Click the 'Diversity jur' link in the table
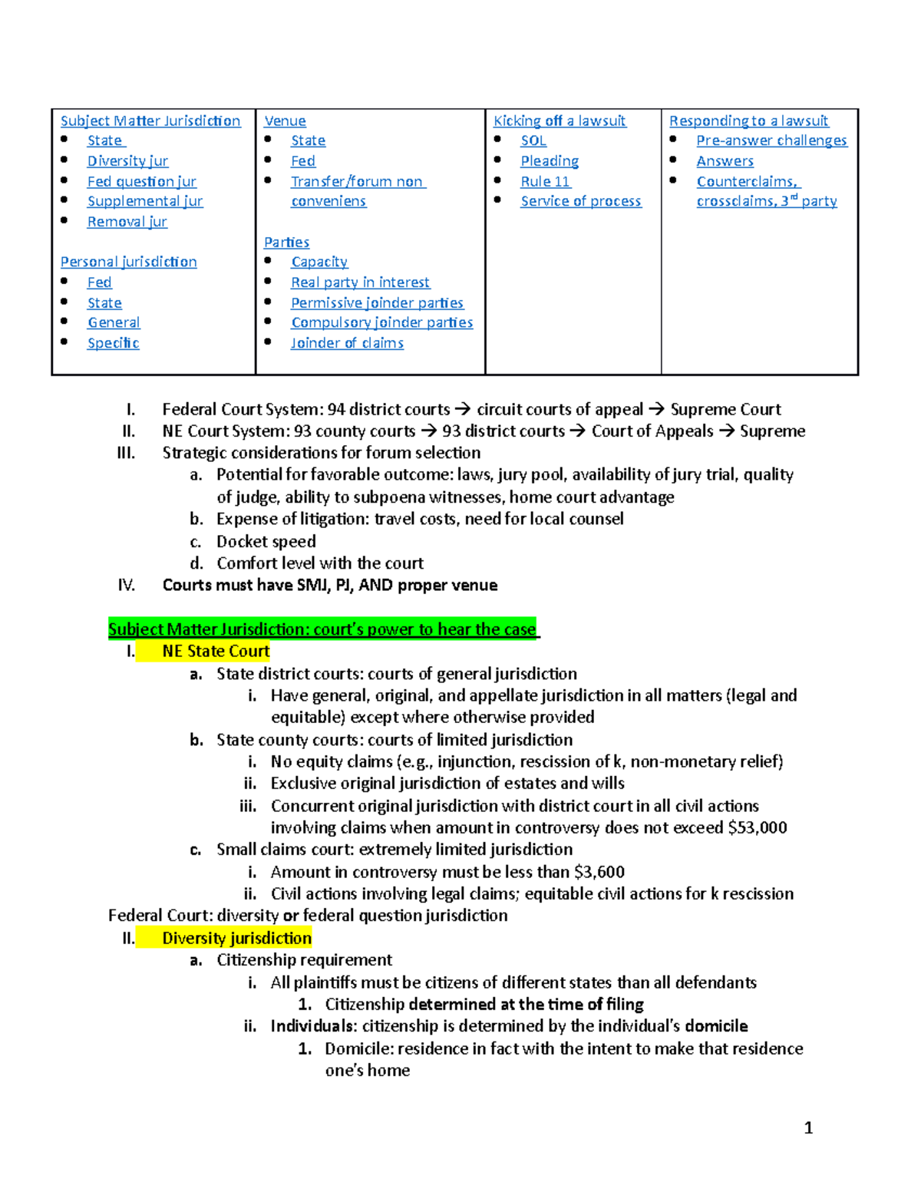(x=127, y=161)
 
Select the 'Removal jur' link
(x=127, y=222)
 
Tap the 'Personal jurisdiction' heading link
(x=128, y=262)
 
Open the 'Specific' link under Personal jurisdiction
(x=113, y=343)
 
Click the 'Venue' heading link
(x=285, y=121)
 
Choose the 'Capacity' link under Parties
(x=319, y=262)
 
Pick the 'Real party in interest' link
(x=360, y=282)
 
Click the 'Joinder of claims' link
(x=347, y=343)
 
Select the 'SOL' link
(x=533, y=140)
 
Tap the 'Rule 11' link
(x=545, y=181)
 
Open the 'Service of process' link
(x=580, y=201)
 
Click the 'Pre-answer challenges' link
(x=771, y=140)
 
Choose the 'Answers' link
(x=725, y=161)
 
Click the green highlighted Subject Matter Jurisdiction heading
(x=322, y=629)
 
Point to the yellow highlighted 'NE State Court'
(x=216, y=652)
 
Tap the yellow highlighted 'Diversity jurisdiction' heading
(x=236, y=938)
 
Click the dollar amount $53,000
(x=758, y=827)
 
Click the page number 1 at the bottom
(x=808, y=1128)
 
